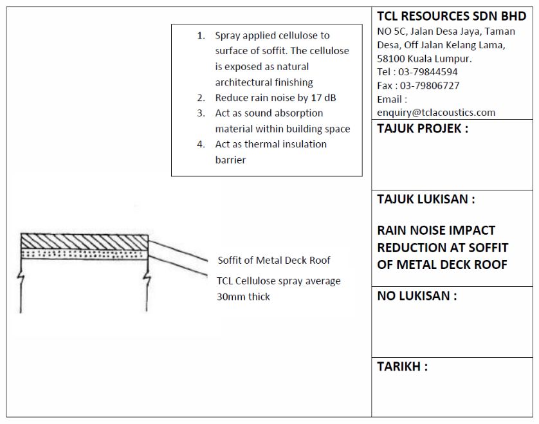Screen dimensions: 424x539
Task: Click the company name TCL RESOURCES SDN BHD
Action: tap(452, 17)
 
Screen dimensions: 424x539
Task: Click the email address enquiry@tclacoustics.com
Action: tap(436, 113)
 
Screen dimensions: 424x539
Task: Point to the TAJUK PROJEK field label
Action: tap(423, 128)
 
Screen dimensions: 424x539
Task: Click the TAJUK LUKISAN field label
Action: tap(426, 199)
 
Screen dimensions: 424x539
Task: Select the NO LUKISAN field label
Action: tap(417, 296)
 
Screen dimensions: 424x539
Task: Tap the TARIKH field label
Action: tap(402, 367)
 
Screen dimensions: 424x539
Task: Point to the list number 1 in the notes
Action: tap(201, 36)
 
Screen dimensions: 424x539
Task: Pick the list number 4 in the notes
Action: tap(201, 144)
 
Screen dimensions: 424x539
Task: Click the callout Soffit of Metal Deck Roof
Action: tap(274, 261)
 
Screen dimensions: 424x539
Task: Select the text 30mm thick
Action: tap(244, 297)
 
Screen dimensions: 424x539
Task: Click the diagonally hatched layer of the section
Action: tap(84, 241)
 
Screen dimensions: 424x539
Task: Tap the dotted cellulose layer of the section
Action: tap(84, 253)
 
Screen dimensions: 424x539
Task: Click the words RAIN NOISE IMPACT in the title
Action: tap(436, 230)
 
